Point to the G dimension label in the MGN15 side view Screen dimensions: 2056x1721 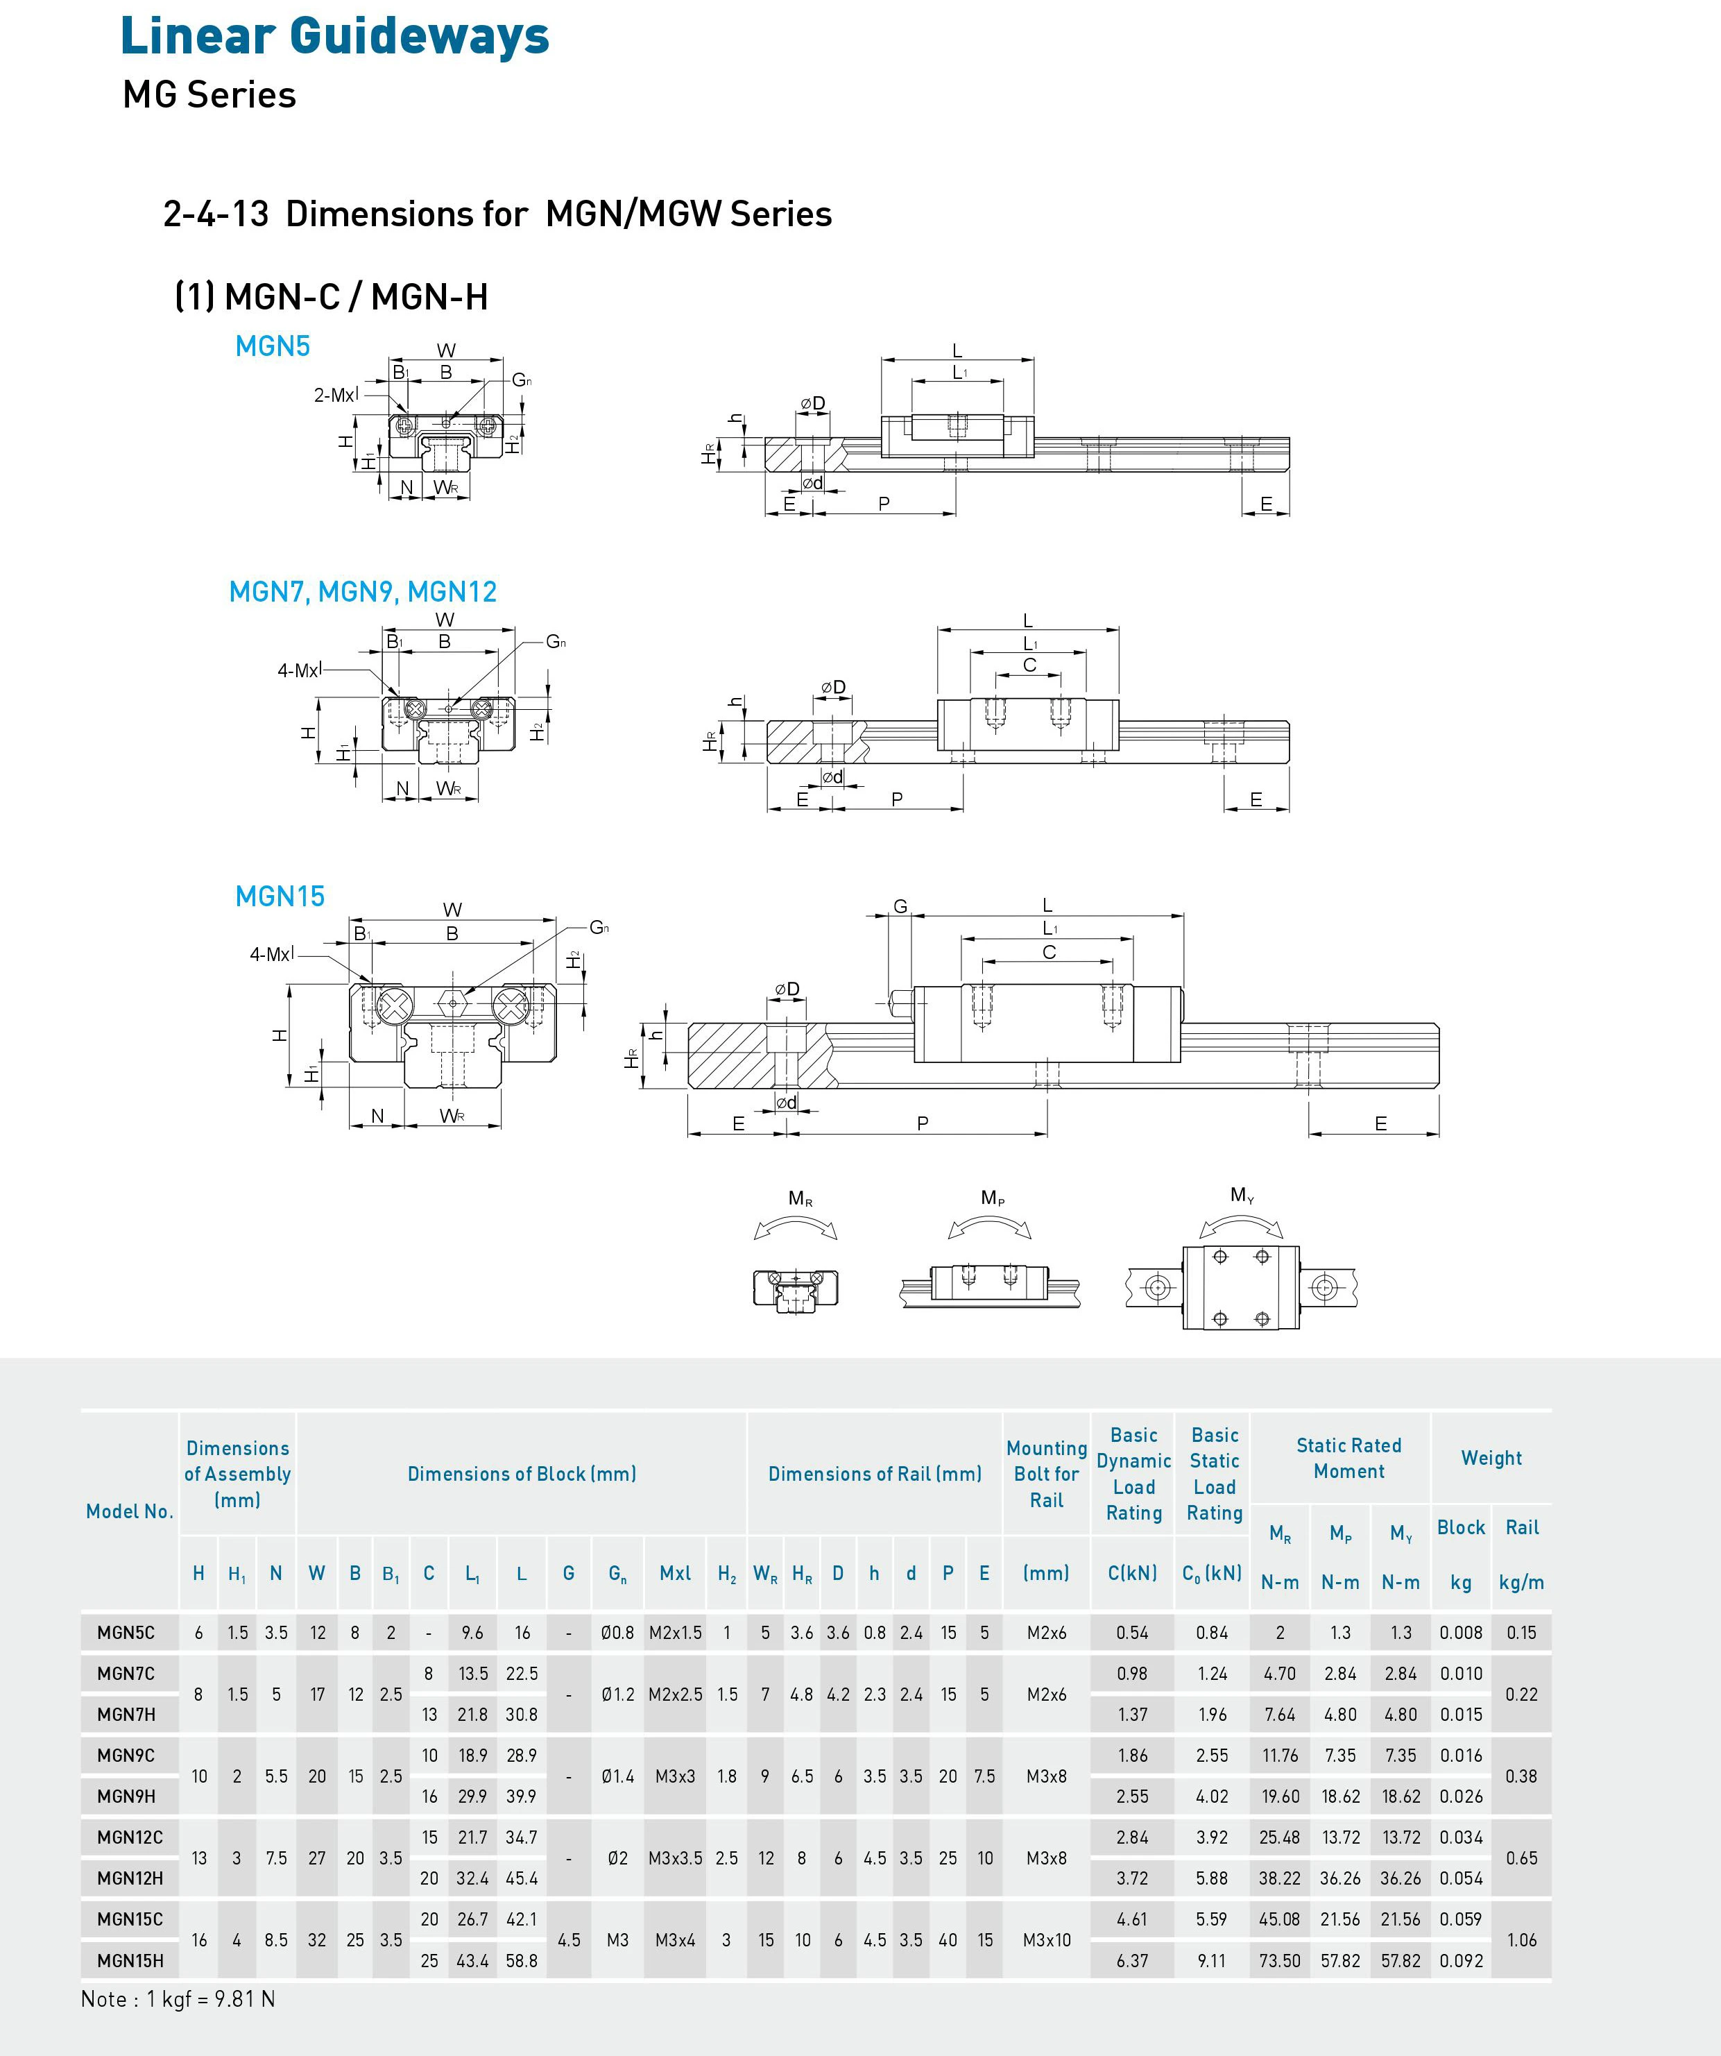tap(900, 907)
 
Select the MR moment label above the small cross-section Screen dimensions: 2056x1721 tap(800, 1198)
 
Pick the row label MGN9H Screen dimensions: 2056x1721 tap(126, 1796)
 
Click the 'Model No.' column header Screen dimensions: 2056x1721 tap(129, 1511)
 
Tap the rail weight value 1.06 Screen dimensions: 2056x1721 tap(1521, 1939)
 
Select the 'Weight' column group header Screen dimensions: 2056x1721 tap(1491, 1458)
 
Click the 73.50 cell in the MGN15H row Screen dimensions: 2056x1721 tap(1280, 1960)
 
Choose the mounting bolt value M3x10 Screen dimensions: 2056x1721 tap(1047, 1939)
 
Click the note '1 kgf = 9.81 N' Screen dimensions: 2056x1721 tap(178, 1999)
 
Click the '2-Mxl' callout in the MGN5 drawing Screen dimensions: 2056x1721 tap(335, 395)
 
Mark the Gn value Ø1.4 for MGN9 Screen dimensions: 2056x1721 tap(618, 1776)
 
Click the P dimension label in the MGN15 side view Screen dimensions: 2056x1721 tap(922, 1123)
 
